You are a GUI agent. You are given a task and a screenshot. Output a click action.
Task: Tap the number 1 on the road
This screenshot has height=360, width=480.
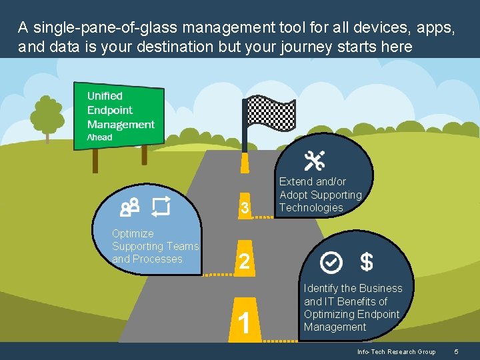tap(245, 323)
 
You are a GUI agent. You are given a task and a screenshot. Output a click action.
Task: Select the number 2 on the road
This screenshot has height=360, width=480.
tap(245, 261)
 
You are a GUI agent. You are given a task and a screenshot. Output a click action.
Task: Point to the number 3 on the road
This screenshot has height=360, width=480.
tap(245, 209)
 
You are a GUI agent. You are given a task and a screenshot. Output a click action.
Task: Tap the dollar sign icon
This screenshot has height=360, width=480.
tap(366, 263)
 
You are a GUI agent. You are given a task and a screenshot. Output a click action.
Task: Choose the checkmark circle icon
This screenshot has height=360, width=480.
tap(331, 263)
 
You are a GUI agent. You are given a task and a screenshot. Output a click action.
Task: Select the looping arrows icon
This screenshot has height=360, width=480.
tap(161, 207)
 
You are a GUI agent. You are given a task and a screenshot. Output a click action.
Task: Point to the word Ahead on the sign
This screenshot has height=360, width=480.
tap(100, 137)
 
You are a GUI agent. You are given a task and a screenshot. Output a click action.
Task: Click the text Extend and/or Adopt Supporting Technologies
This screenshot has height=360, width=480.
tap(320, 195)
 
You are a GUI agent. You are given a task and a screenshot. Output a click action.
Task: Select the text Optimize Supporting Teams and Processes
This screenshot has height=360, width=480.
tap(155, 246)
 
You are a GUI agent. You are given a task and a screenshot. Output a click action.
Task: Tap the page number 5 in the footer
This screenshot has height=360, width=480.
tap(456, 351)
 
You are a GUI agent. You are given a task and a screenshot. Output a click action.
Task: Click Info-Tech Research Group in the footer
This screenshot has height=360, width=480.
tap(396, 351)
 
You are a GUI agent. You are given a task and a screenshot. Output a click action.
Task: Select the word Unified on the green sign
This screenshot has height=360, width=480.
tap(105, 95)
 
